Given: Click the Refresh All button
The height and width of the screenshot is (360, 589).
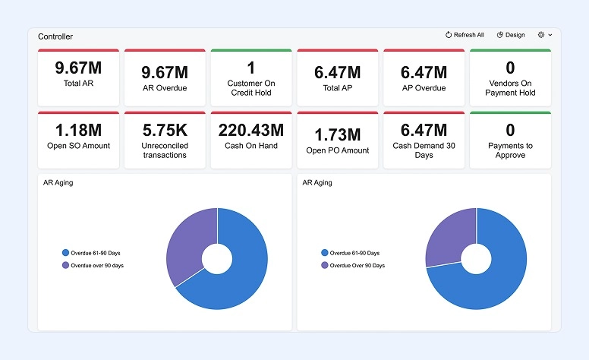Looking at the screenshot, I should (x=465, y=35).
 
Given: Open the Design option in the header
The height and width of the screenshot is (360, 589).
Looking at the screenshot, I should (x=511, y=35).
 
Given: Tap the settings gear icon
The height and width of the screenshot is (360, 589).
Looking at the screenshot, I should (x=541, y=35).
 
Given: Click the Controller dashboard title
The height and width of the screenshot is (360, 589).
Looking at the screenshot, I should (x=55, y=36).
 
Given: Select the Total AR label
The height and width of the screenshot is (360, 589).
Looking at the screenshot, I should (x=78, y=83).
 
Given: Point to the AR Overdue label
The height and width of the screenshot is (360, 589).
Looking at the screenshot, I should (x=165, y=88).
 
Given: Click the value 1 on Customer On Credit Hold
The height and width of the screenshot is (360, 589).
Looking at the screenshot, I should (x=251, y=68).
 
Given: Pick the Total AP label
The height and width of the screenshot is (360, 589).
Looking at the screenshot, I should (x=338, y=88).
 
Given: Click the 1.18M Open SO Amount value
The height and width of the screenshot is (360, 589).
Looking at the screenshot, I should (x=78, y=130).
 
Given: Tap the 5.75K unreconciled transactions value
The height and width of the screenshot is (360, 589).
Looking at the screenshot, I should (x=165, y=130).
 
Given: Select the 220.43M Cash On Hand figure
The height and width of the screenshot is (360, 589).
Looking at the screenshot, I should (x=251, y=130).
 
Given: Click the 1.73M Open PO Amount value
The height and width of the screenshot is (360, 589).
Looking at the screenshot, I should (x=338, y=135).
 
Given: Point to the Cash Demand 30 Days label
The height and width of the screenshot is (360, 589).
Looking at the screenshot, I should (x=424, y=150).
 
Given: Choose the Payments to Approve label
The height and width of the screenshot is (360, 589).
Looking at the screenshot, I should (x=510, y=150).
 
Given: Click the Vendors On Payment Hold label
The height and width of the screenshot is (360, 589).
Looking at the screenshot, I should (x=510, y=88).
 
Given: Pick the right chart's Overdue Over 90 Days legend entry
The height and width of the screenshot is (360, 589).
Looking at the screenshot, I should (x=354, y=266).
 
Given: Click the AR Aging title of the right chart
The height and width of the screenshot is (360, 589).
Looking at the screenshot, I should (x=317, y=183).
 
